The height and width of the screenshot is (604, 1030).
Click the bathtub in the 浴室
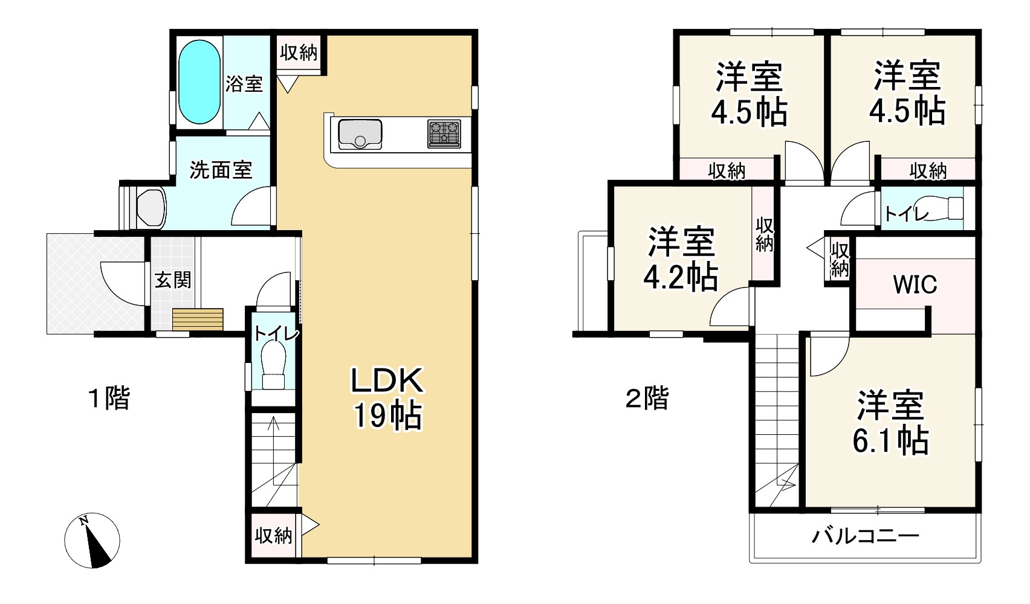pyautogui.click(x=199, y=82)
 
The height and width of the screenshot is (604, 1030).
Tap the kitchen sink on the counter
pyautogui.click(x=360, y=134)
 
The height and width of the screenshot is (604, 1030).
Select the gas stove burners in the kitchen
pyautogui.click(x=444, y=133)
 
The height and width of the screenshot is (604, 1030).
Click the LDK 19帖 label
pyautogui.click(x=387, y=398)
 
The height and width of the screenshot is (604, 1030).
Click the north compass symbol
pyautogui.click(x=92, y=540)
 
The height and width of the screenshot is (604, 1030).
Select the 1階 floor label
pyautogui.click(x=109, y=398)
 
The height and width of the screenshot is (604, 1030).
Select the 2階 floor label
pyautogui.click(x=647, y=398)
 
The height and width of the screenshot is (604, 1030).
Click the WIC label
pyautogui.click(x=915, y=284)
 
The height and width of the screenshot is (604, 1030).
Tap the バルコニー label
pyautogui.click(x=865, y=536)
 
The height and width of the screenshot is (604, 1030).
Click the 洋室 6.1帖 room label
pyautogui.click(x=890, y=423)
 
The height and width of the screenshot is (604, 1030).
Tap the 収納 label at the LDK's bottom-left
pyautogui.click(x=274, y=535)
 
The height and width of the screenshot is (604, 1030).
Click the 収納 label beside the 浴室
pyautogui.click(x=299, y=53)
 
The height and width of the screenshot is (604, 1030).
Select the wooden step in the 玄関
pyautogui.click(x=198, y=319)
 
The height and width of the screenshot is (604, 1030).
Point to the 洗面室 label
pyautogui.click(x=221, y=170)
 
